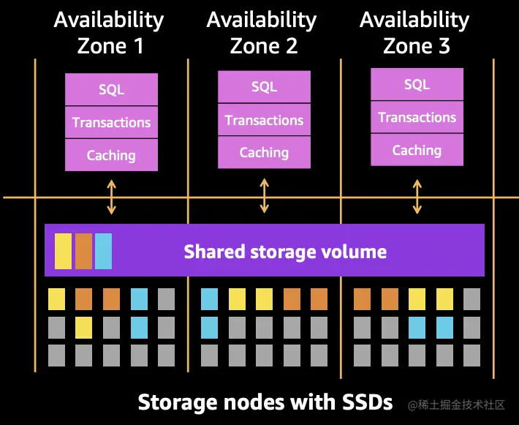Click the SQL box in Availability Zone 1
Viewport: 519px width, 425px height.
click(111, 89)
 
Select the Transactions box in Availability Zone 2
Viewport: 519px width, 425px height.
click(264, 120)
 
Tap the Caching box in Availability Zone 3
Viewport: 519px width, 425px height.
click(417, 150)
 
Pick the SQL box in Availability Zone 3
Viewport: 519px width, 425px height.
click(417, 85)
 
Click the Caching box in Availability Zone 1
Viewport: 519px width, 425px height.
click(111, 155)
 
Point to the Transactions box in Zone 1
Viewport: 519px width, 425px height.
click(111, 122)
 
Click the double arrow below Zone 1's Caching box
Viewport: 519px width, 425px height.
click(111, 196)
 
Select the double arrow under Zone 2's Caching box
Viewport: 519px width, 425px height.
click(264, 195)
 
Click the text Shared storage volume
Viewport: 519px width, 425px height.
click(285, 252)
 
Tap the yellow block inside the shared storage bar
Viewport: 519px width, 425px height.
click(63, 251)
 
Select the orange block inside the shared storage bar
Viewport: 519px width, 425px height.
click(83, 251)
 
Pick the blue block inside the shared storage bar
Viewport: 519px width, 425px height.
click(103, 251)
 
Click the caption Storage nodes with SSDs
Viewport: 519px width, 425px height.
click(265, 402)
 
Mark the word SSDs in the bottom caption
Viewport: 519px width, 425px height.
click(368, 402)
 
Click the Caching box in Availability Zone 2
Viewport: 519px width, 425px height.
click(264, 153)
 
